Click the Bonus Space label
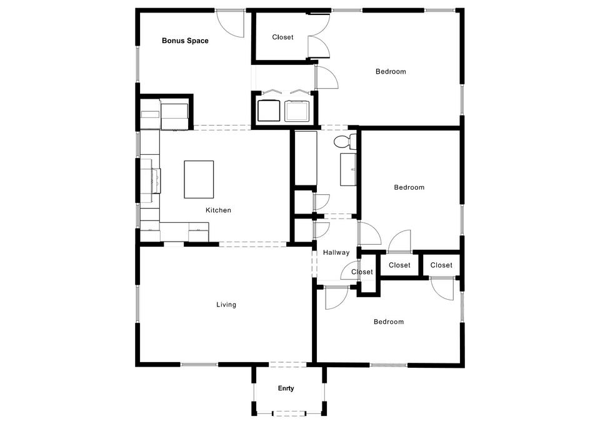(185, 41)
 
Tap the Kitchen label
(218, 210)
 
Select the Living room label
(226, 305)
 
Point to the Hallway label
(336, 253)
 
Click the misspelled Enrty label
(286, 388)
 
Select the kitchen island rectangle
(199, 179)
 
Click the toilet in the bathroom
(345, 141)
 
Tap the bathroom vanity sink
(348, 169)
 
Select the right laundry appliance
(297, 110)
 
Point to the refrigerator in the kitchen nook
(174, 113)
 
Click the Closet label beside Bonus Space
(282, 37)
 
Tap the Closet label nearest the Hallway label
(362, 272)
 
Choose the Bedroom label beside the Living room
(389, 322)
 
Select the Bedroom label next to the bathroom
(409, 187)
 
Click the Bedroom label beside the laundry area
(391, 71)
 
